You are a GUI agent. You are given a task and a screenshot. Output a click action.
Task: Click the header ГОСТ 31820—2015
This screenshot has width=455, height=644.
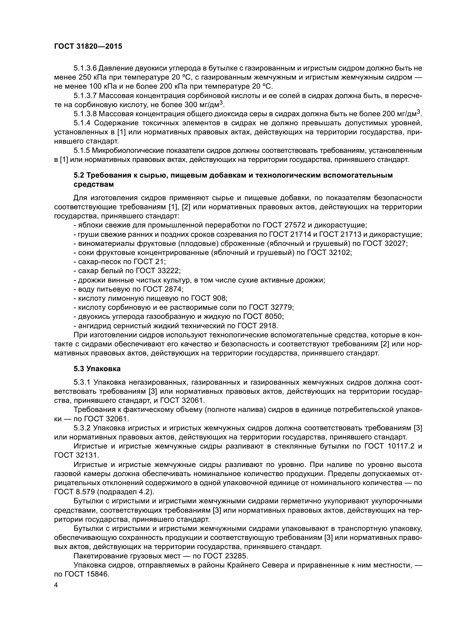88,47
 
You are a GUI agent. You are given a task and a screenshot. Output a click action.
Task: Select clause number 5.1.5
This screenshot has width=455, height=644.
81,151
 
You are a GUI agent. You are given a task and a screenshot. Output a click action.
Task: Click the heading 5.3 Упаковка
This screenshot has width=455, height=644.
97,369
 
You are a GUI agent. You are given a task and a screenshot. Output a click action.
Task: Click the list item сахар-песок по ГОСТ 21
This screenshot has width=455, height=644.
120,262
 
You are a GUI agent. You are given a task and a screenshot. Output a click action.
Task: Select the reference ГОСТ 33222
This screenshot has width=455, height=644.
158,271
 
